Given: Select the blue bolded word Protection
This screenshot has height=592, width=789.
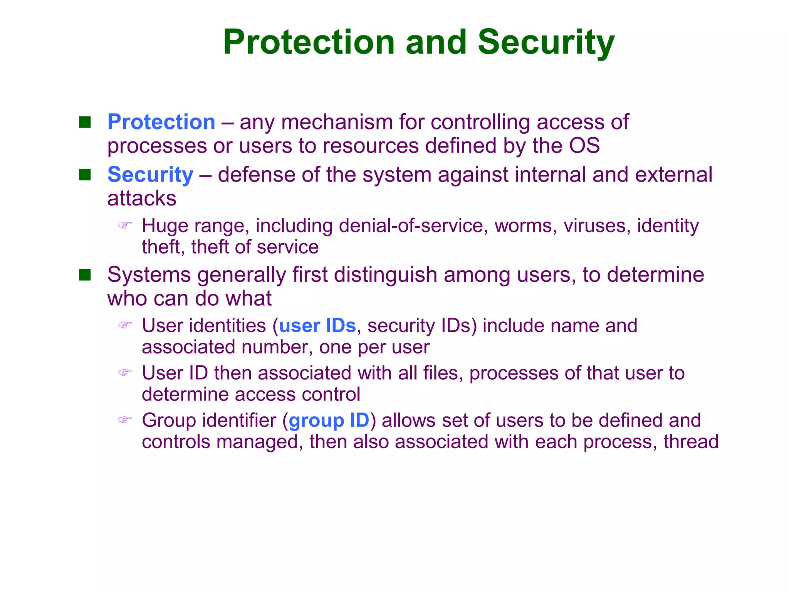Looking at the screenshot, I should tap(161, 122).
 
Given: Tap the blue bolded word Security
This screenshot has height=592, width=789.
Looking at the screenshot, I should tap(150, 175).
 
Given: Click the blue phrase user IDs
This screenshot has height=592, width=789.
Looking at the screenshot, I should tap(317, 326).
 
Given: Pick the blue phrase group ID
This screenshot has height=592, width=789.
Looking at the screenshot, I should tap(329, 420).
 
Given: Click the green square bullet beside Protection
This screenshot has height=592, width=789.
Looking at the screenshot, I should tap(85, 123).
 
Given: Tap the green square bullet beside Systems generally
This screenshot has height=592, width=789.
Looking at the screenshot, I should tap(85, 275).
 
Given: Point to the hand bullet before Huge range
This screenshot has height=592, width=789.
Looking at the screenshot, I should tap(125, 225).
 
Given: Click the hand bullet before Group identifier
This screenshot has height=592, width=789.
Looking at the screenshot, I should tap(125, 419).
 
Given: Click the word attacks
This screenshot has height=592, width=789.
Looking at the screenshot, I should tap(142, 199).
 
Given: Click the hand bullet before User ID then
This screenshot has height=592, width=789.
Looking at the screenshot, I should tap(125, 372).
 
